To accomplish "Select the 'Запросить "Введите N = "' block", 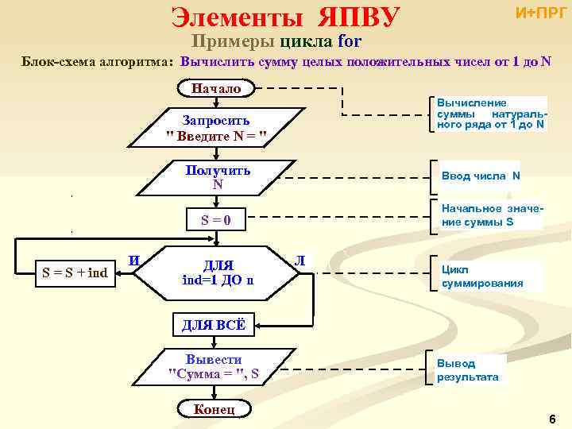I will point(215,129).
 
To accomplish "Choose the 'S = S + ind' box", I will point(75,274).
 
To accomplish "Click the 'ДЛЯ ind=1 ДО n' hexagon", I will point(218,272).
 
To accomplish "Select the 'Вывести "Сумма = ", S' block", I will point(214,366).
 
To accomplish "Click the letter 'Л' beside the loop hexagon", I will point(300,261).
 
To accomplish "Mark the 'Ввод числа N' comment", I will point(481,176).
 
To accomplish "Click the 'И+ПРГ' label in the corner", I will point(541,13).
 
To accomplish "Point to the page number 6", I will point(551,419).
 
